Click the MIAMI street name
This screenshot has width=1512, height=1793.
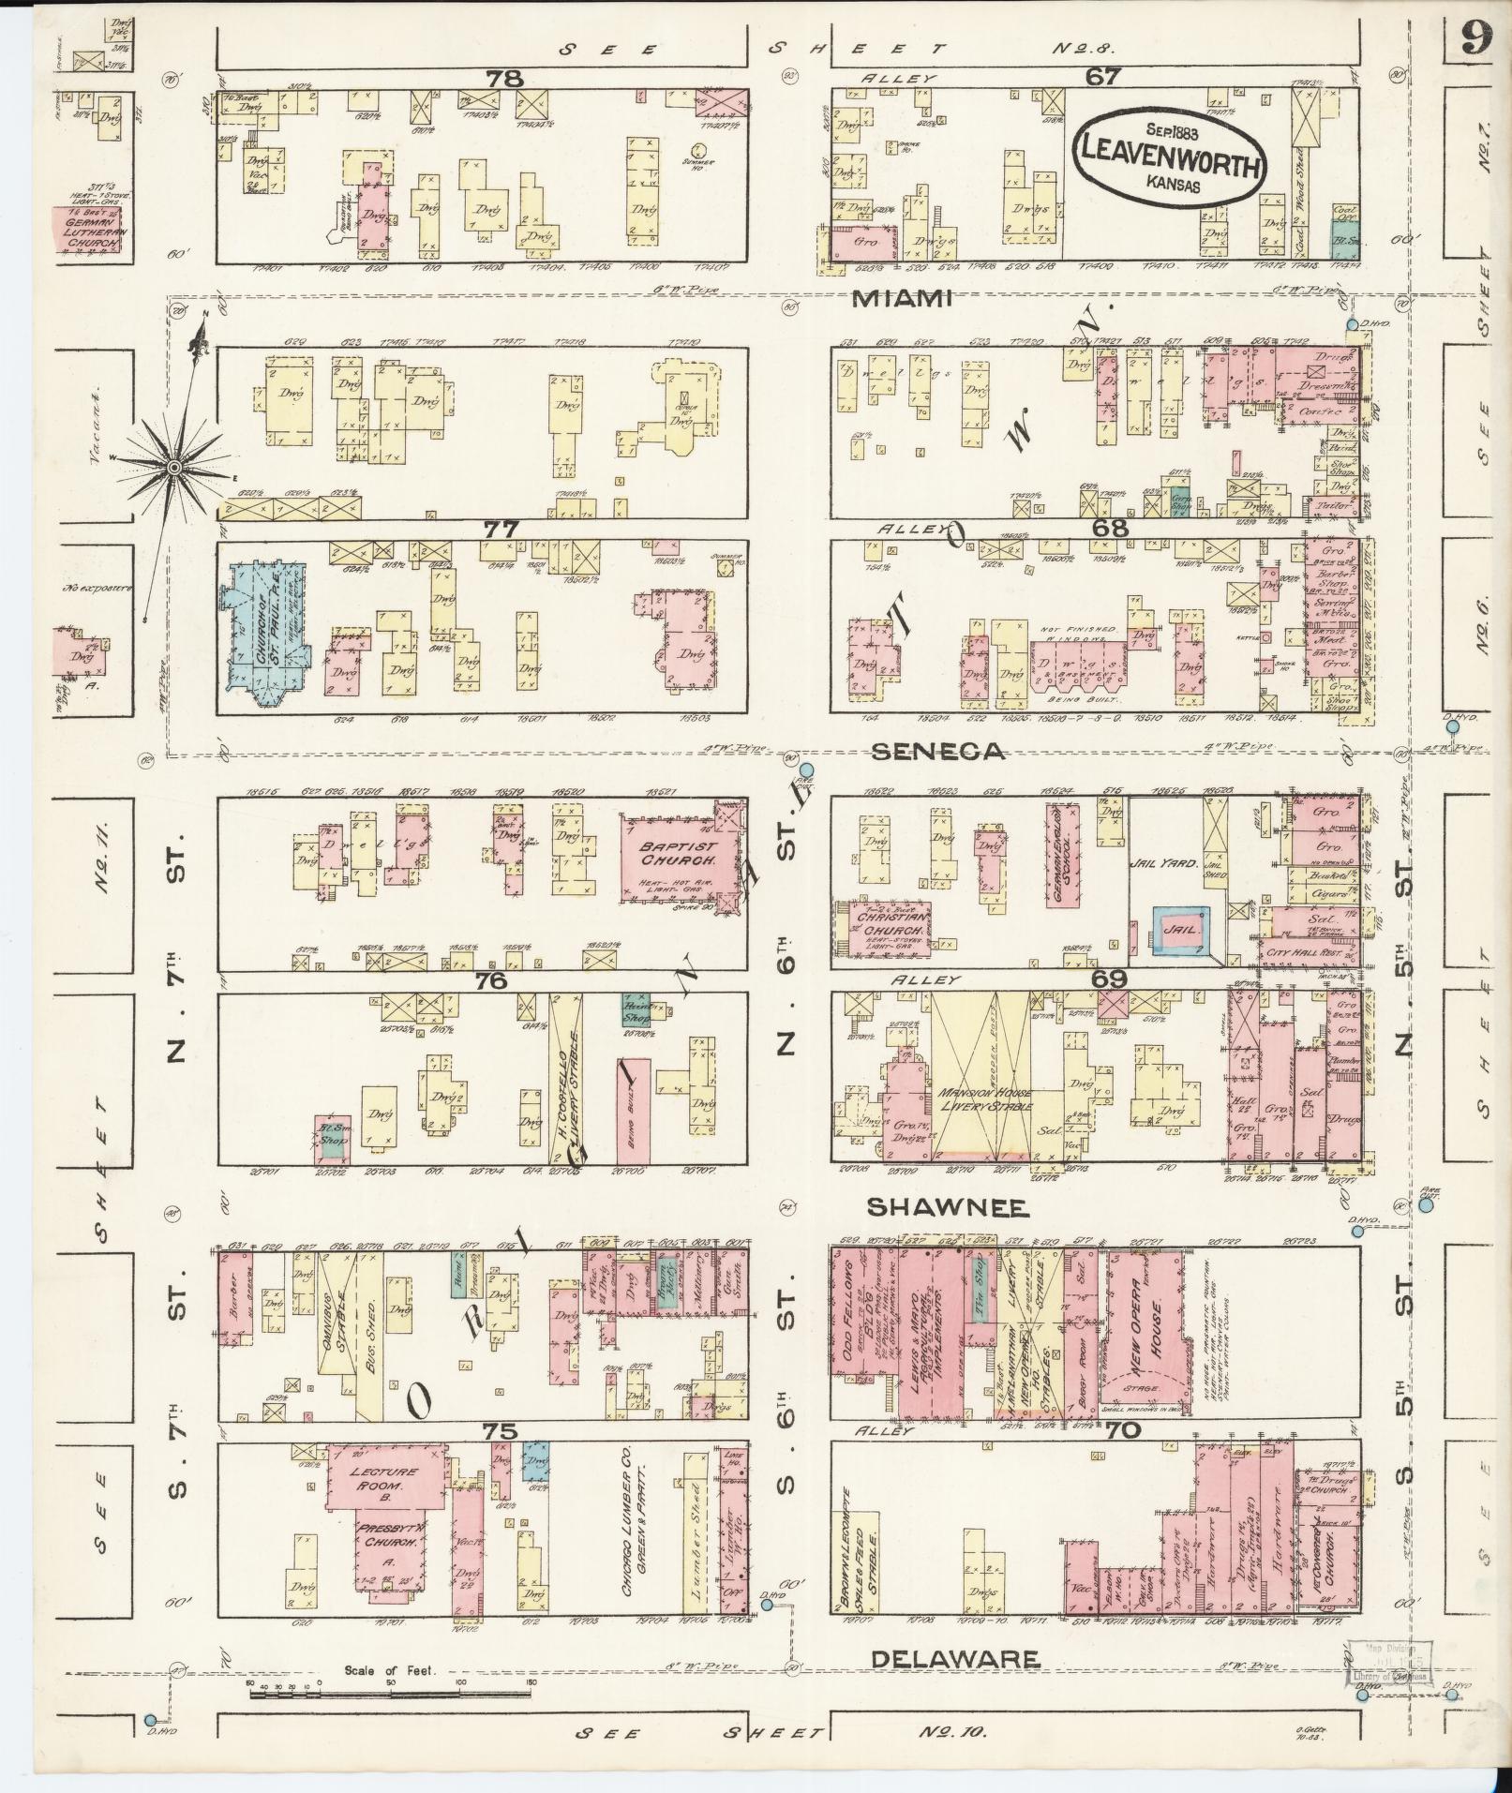click(x=903, y=299)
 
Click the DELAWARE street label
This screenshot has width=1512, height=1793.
click(x=954, y=1659)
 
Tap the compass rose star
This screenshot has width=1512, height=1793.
click(x=174, y=465)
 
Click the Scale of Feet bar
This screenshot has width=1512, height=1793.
click(x=389, y=1694)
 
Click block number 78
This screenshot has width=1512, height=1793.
click(x=504, y=79)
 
